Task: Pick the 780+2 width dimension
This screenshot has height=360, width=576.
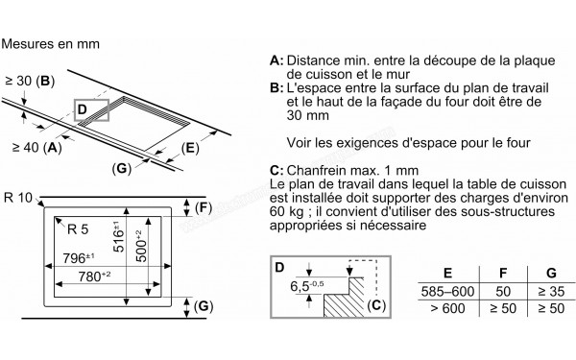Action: point(94,278)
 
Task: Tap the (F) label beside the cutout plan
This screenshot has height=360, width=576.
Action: point(204,207)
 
